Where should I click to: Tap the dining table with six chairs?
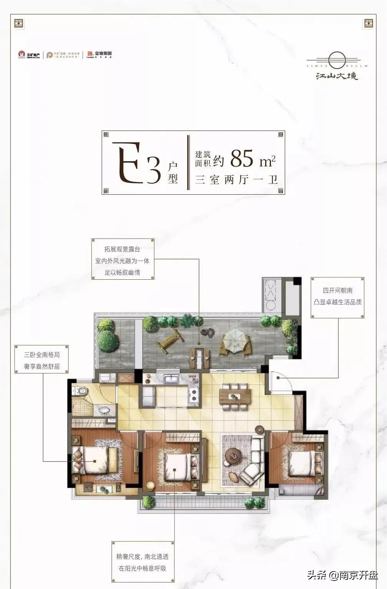point(235,396)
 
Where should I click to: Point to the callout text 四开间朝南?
point(338,290)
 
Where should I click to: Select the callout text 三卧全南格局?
point(42,355)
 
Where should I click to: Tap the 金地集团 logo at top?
point(100,55)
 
